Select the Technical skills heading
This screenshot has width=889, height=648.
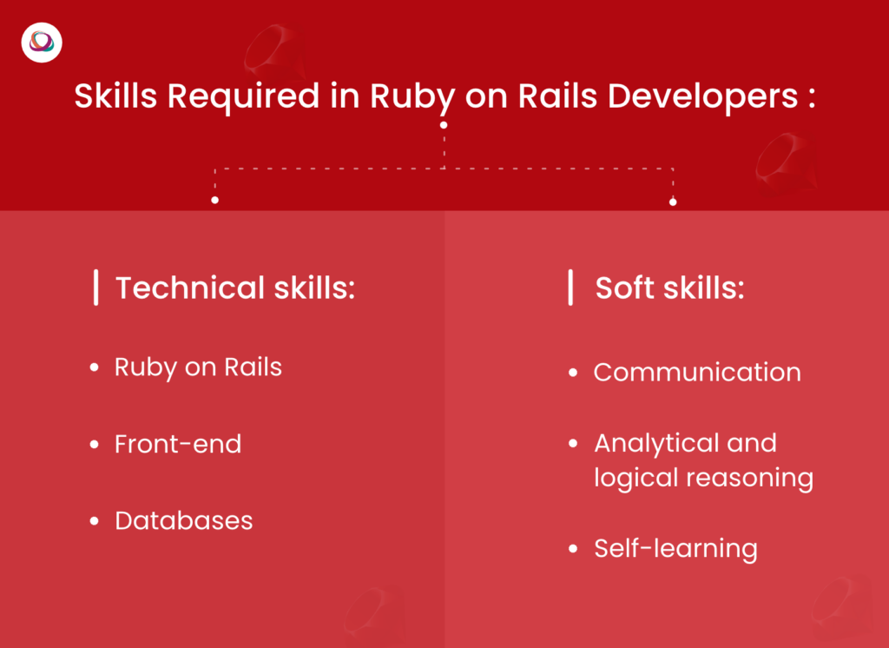pyautogui.click(x=235, y=288)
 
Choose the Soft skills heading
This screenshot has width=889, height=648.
pyautogui.click(x=669, y=288)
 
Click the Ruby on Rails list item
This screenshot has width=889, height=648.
pyautogui.click(x=198, y=367)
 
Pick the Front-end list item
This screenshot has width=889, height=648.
pyautogui.click(x=178, y=444)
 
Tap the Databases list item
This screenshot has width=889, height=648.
pyautogui.click(x=184, y=521)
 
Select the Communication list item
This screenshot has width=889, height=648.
pyautogui.click(x=697, y=373)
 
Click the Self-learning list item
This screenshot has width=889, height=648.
pyautogui.click(x=675, y=548)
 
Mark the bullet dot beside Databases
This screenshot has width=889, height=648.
pyautogui.click(x=95, y=521)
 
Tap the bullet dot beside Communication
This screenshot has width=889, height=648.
pyautogui.click(x=573, y=373)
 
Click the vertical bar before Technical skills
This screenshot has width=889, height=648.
pyautogui.click(x=95, y=288)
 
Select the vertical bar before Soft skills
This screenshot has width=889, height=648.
pyautogui.click(x=570, y=288)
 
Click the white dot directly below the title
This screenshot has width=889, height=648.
pyautogui.click(x=444, y=125)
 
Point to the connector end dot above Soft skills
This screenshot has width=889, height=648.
pyautogui.click(x=673, y=202)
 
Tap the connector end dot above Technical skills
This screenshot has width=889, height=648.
pyautogui.click(x=214, y=201)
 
